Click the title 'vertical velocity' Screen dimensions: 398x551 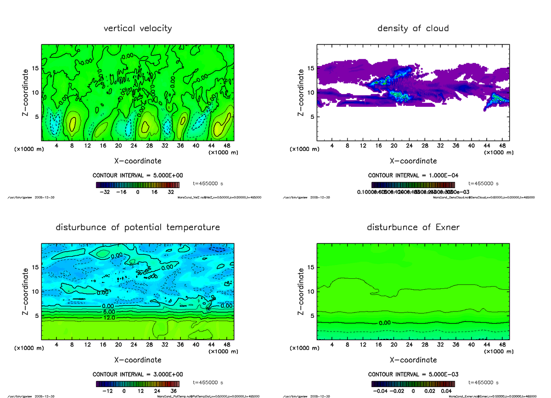138,28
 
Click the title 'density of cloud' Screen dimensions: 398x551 413,28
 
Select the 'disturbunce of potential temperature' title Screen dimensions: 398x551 138,227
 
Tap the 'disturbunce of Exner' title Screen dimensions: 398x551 413,227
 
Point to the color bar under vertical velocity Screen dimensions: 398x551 138,185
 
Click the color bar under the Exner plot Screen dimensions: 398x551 413,384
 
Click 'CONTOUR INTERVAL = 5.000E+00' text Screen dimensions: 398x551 138,176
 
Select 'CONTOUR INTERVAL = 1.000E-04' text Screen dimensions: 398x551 413,176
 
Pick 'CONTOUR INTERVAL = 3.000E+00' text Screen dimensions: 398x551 138,375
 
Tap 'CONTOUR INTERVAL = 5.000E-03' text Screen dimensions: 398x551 413,375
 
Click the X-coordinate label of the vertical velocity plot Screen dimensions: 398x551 138,161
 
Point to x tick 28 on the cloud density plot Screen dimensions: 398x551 425,146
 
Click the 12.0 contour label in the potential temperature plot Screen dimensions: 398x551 109,317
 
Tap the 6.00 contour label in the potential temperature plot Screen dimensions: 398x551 109,311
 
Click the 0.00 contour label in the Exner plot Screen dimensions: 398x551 385,323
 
